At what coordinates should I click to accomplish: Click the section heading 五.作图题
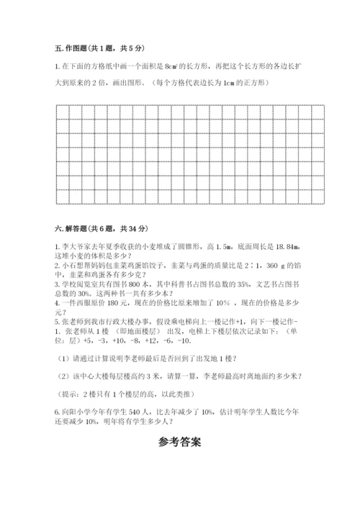click(x=75, y=48)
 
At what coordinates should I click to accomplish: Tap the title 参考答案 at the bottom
click(x=179, y=441)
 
